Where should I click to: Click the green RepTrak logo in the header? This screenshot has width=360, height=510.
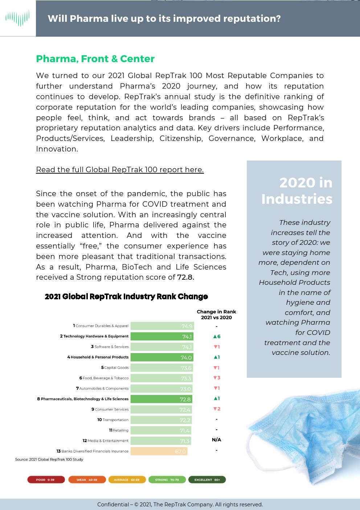tap(18, 18)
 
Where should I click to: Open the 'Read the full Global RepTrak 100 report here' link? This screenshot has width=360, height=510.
tap(120, 170)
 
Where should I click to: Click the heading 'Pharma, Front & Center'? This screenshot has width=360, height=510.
tap(95, 59)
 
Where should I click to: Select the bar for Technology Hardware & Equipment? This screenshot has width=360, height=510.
tap(161, 336)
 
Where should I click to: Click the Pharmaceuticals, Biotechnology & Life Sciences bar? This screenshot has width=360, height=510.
tap(161, 399)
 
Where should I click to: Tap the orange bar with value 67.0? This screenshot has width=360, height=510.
tap(159, 451)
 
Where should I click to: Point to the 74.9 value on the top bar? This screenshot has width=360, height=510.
tap(187, 326)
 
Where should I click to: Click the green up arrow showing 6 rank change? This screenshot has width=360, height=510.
tap(217, 336)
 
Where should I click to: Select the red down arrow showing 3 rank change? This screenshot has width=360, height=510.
tap(217, 378)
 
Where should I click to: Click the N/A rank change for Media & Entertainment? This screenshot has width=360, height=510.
tap(216, 440)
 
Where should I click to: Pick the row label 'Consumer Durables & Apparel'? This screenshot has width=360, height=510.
tap(102, 326)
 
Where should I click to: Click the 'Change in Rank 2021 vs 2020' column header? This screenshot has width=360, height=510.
tap(216, 315)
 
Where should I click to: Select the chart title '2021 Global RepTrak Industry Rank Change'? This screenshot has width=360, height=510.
tap(126, 296)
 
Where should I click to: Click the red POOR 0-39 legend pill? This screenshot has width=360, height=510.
tap(46, 479)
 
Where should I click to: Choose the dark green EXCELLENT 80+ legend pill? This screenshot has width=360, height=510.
tap(207, 479)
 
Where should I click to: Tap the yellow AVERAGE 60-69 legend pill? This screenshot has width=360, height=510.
tap(127, 479)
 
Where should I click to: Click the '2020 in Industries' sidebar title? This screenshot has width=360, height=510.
tap(297, 191)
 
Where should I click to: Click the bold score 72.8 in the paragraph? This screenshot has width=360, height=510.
tap(185, 277)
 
